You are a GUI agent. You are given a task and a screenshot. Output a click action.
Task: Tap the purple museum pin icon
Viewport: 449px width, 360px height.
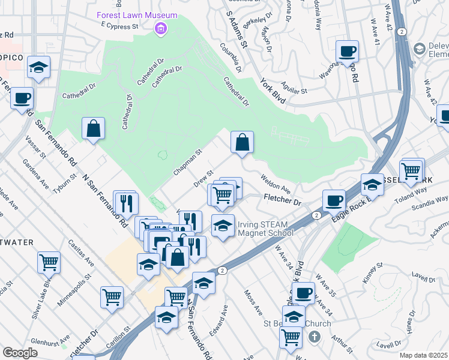(x=160, y=28)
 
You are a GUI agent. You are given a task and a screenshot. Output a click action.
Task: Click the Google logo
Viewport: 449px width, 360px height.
(x=20, y=353)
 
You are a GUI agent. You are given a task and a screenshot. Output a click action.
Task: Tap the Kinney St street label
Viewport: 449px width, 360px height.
(x=372, y=272)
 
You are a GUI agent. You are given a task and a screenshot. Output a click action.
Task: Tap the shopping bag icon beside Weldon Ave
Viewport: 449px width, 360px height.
(x=243, y=142)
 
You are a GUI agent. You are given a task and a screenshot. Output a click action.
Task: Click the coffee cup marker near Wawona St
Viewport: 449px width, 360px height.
(x=347, y=52)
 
